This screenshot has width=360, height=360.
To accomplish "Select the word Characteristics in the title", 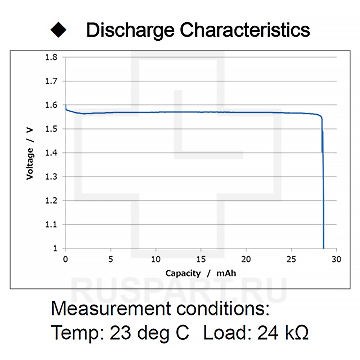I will coord(245,30).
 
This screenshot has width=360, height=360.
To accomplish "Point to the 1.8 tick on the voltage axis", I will coord(51,57).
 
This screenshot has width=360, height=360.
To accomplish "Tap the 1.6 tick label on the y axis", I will coord(51,105).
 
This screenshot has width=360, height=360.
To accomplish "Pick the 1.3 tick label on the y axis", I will coord(51,177).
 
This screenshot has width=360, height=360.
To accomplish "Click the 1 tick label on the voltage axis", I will coord(55,248).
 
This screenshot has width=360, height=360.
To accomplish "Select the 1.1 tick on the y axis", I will coord(51,225).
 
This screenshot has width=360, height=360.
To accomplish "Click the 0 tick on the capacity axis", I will coord(65,259).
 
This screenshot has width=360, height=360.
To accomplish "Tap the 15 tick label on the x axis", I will coord(201,259).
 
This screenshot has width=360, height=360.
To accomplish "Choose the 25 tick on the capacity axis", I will coord(291,259).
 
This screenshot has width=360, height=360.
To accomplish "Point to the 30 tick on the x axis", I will coord(336,259).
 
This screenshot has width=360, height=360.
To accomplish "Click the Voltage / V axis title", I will coord(30,153).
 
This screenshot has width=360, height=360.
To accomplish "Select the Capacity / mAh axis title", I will coord(201,273).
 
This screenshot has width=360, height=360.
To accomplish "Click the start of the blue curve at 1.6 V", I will coord(66,106).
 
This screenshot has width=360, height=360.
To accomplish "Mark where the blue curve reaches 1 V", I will coord(324,248).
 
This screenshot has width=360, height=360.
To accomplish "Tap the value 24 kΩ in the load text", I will coord(283,333).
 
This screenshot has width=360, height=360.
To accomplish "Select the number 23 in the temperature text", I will coord(120,333).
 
